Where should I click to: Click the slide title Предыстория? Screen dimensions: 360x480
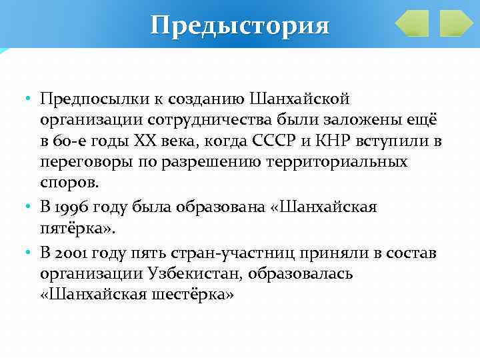point(240,25)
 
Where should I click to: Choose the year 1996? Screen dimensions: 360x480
point(69,207)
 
